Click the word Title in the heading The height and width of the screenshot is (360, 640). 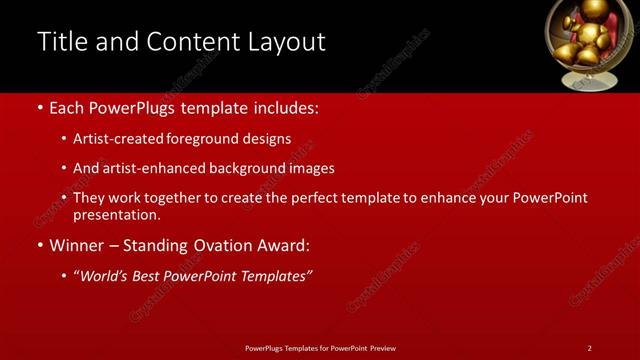point(62,42)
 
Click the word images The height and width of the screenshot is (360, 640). point(311,169)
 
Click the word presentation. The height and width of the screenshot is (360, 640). point(116,215)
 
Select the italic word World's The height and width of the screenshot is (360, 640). point(106,276)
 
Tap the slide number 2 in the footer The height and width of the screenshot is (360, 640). point(589,348)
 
